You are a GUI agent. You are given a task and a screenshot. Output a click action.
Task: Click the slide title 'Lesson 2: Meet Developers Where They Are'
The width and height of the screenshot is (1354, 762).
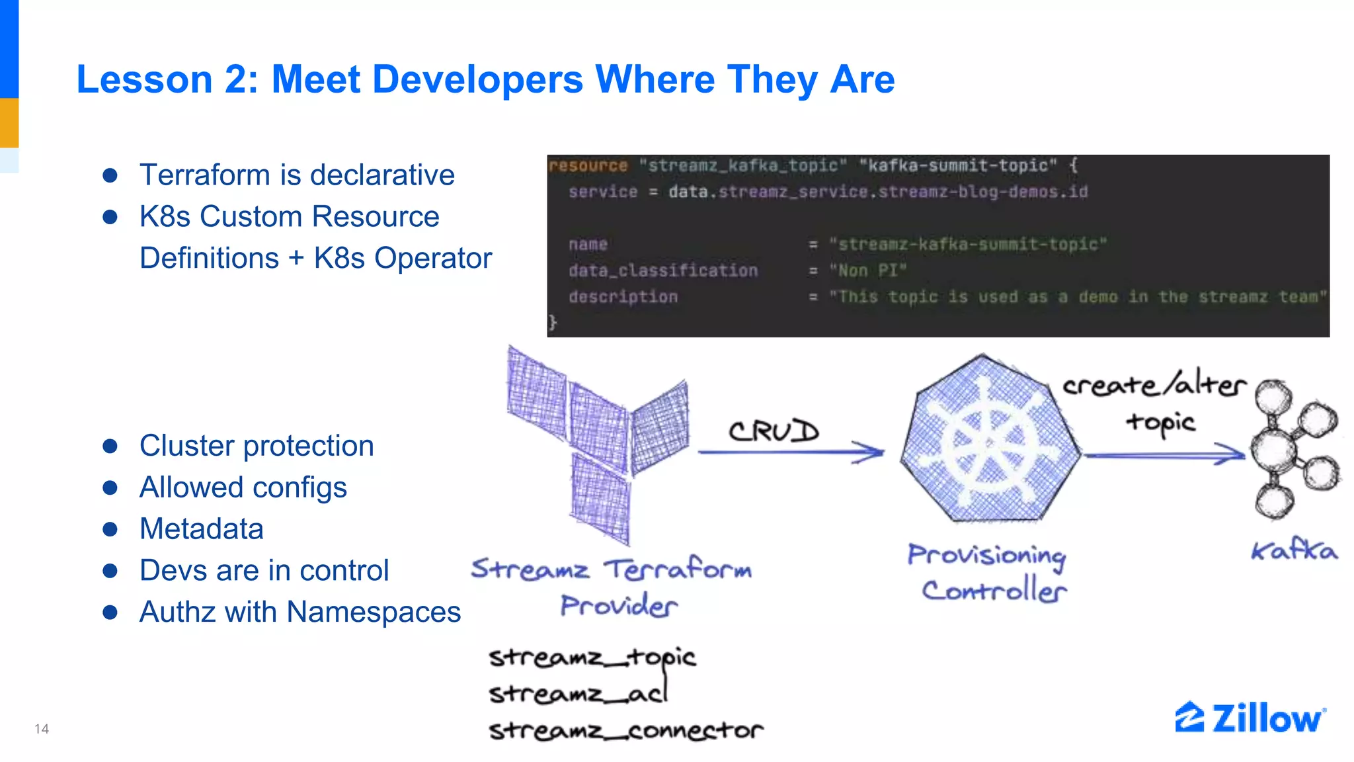click(485, 79)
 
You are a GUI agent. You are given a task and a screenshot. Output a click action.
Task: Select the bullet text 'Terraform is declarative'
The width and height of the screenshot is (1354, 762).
click(297, 175)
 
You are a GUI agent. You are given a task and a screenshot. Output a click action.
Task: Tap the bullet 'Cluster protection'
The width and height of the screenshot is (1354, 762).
click(257, 446)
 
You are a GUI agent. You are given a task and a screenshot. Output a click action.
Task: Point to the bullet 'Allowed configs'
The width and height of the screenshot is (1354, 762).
click(243, 487)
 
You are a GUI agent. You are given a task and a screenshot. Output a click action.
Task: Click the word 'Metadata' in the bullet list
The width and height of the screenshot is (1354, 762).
click(202, 529)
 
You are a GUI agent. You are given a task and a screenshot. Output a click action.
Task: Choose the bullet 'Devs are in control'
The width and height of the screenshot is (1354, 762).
click(264, 570)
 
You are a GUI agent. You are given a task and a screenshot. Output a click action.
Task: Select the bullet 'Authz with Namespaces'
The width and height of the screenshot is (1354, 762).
click(299, 612)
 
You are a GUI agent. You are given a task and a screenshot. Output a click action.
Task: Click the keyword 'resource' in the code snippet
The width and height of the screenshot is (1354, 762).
click(588, 165)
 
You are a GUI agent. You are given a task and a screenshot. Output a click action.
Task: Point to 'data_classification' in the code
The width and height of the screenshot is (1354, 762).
click(663, 271)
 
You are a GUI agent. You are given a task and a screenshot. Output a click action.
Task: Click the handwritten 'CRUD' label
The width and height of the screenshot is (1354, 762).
click(774, 431)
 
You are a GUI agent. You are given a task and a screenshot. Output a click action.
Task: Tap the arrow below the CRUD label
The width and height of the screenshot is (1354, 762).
click(791, 452)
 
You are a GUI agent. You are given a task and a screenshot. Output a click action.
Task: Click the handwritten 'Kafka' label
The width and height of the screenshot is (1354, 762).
click(1294, 550)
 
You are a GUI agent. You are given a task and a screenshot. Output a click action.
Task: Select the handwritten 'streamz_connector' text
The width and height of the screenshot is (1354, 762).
click(625, 730)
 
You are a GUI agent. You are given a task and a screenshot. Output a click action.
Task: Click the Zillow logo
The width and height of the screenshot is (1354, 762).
click(1250, 718)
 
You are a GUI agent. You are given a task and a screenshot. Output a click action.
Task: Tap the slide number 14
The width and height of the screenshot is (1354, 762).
click(42, 729)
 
